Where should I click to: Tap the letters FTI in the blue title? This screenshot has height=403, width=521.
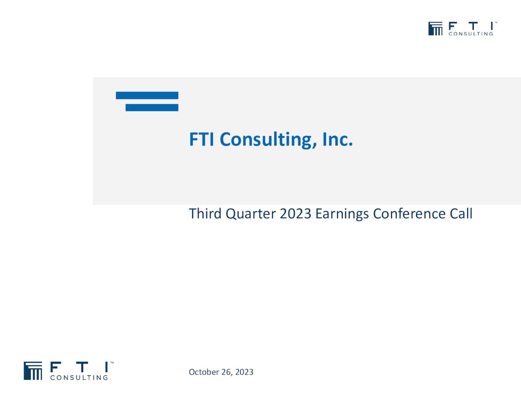pyautogui.click(x=201, y=139)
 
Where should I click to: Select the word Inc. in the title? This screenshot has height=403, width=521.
pyautogui.click(x=337, y=139)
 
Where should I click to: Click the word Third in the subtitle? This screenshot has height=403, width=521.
pyautogui.click(x=205, y=214)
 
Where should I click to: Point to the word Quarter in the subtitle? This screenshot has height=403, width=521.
pyautogui.click(x=250, y=214)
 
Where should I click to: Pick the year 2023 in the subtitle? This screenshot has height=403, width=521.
pyautogui.click(x=296, y=214)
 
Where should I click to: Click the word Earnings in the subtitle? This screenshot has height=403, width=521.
pyautogui.click(x=342, y=214)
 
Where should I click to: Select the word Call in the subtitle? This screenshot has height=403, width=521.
pyautogui.click(x=461, y=214)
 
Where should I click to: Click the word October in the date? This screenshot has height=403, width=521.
pyautogui.click(x=204, y=372)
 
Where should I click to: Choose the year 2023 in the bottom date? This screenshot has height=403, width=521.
pyautogui.click(x=244, y=372)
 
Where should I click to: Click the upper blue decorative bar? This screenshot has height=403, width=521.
pyautogui.click(x=147, y=95)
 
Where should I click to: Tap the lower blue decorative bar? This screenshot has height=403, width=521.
pyautogui.click(x=152, y=108)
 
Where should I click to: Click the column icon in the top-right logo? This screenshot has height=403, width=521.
pyautogui.click(x=435, y=29)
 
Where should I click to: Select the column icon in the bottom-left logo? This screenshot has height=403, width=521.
pyautogui.click(x=33, y=371)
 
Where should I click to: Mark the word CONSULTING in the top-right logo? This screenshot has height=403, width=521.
pyautogui.click(x=471, y=34)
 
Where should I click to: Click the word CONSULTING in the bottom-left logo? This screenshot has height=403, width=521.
pyautogui.click(x=79, y=378)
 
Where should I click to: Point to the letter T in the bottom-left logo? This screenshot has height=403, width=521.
pyautogui.click(x=82, y=367)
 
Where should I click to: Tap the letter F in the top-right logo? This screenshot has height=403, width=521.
pyautogui.click(x=452, y=26)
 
